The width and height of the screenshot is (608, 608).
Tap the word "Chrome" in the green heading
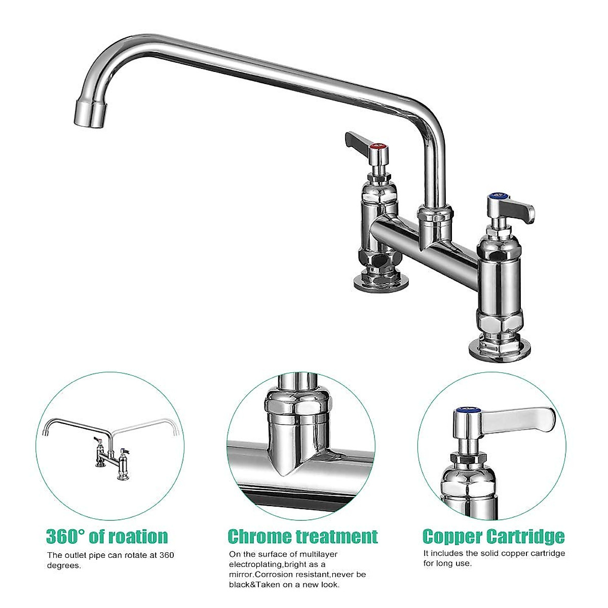click(x=259, y=536)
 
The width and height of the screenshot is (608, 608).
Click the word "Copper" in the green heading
click(x=452, y=536)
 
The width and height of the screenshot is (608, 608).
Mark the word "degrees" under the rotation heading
click(x=64, y=565)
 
